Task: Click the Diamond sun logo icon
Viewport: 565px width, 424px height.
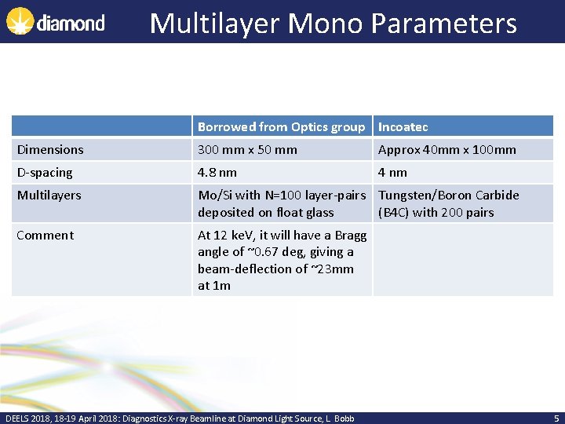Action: click(20, 22)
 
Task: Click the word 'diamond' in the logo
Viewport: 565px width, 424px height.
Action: click(71, 23)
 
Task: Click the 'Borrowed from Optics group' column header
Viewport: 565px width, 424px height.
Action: click(281, 126)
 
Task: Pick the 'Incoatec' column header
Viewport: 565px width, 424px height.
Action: click(403, 126)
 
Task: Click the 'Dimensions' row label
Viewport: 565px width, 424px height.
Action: click(50, 149)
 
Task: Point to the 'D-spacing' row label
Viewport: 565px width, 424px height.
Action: click(45, 172)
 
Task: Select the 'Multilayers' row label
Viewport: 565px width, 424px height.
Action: click(49, 195)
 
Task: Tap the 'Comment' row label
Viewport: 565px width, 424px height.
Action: click(46, 235)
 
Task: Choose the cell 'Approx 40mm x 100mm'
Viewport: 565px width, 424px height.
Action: click(447, 149)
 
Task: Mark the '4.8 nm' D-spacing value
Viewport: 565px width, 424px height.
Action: click(217, 172)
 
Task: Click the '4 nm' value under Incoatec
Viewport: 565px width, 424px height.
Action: click(392, 172)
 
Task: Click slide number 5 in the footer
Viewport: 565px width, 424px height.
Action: click(556, 418)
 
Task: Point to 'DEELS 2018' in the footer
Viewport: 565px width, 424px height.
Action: click(27, 419)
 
